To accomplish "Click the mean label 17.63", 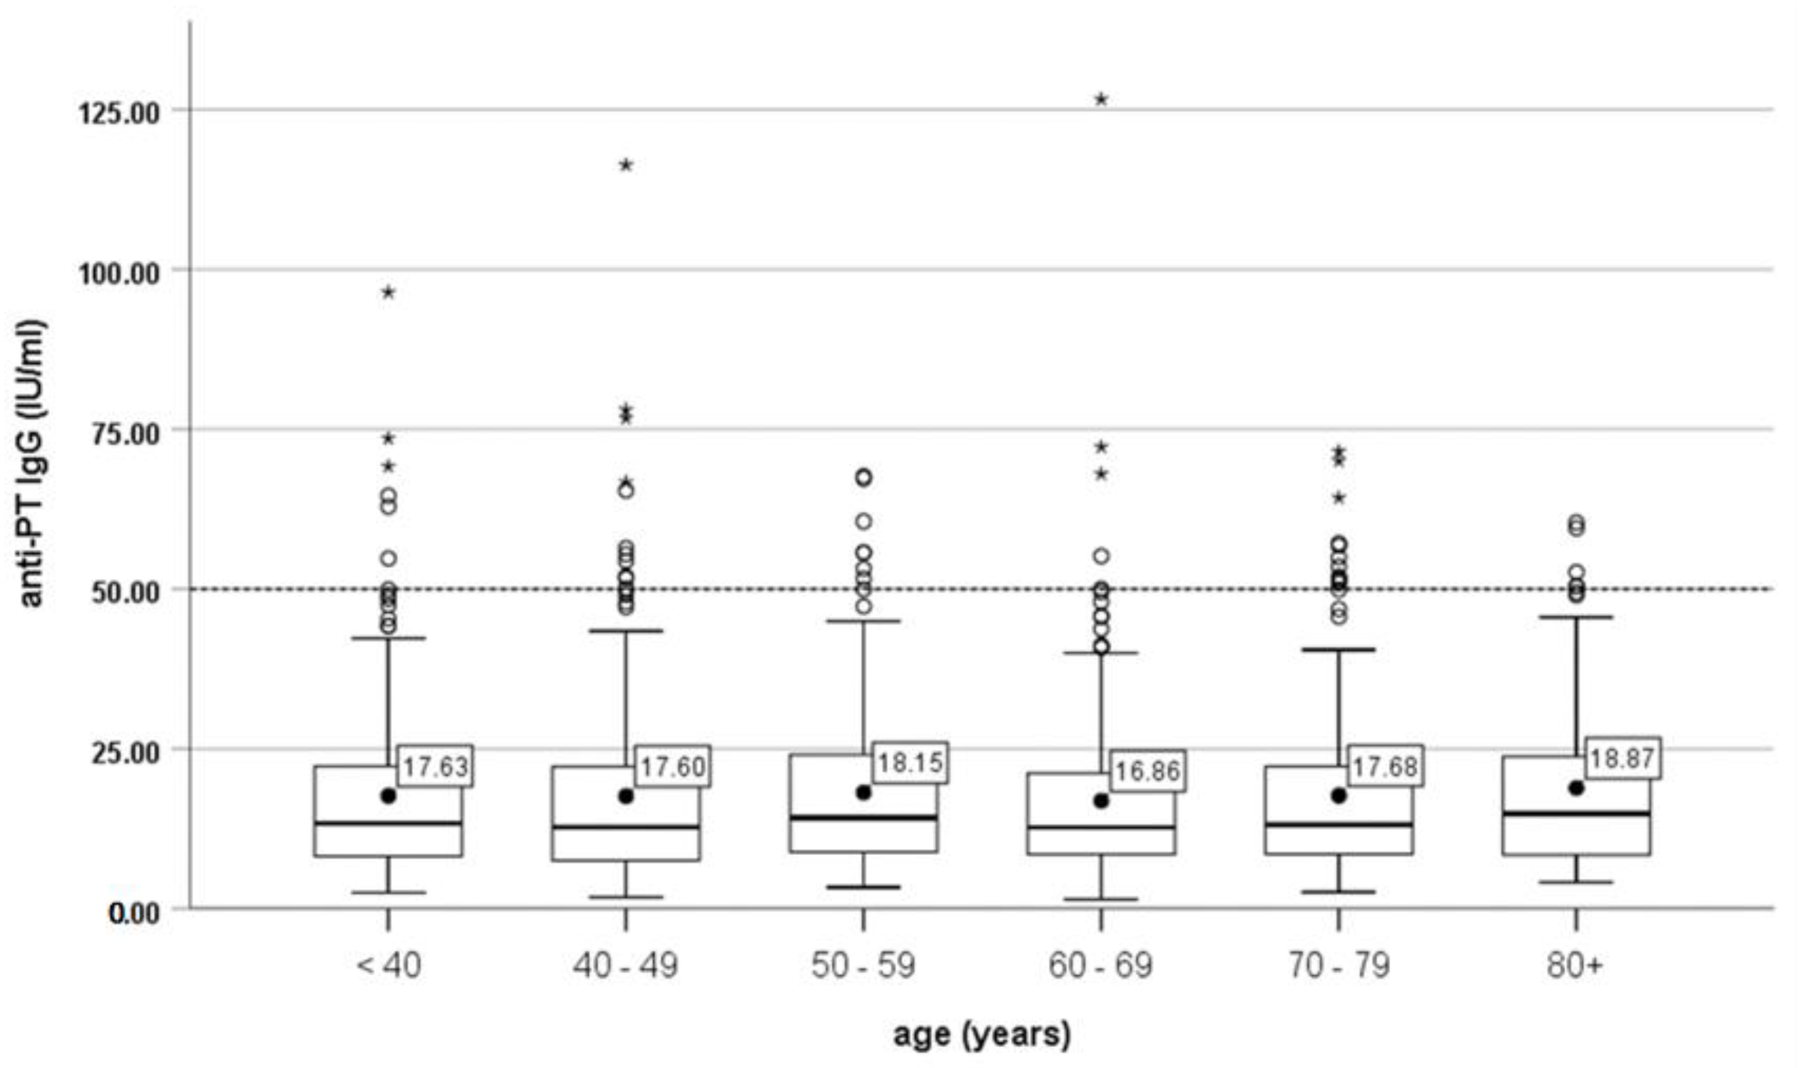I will click(x=435, y=766).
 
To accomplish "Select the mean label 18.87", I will click(x=1622, y=758).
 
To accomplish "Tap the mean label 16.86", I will click(x=1147, y=771).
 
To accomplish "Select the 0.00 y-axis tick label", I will click(x=133, y=913).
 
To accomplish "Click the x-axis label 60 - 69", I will click(x=1100, y=965).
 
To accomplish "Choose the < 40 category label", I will click(x=388, y=965).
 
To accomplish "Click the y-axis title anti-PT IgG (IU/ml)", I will click(x=32, y=464).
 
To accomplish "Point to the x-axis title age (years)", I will click(x=982, y=1034).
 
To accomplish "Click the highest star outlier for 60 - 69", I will click(x=1101, y=99).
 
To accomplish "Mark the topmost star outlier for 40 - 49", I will click(x=625, y=165).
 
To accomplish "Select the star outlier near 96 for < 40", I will click(x=388, y=291).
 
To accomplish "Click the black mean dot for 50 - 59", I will click(x=863, y=793).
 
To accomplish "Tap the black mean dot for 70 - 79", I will click(x=1338, y=795).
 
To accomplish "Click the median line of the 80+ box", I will click(x=1576, y=813).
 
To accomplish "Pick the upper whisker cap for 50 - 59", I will click(x=863, y=620).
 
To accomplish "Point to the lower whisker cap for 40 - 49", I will click(x=625, y=897).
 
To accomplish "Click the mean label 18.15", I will click(x=910, y=762).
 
